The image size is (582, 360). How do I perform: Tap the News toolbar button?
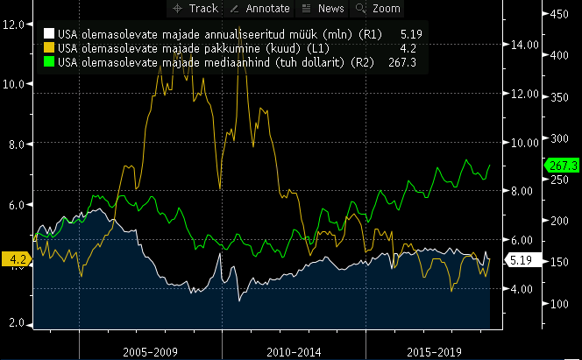(x=322, y=9)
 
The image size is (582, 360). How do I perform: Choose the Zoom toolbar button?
(x=377, y=9)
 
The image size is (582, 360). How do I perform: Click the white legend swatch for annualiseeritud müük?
(x=49, y=33)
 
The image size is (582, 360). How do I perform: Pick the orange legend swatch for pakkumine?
(x=49, y=48)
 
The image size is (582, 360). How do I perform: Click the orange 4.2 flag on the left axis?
(x=16, y=258)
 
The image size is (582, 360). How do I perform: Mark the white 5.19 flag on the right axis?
(x=516, y=260)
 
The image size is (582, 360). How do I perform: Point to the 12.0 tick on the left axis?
(x=13, y=24)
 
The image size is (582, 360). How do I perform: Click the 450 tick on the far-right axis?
(x=557, y=15)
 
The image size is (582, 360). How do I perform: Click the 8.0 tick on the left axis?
(x=13, y=144)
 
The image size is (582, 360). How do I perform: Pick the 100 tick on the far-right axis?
(x=557, y=303)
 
